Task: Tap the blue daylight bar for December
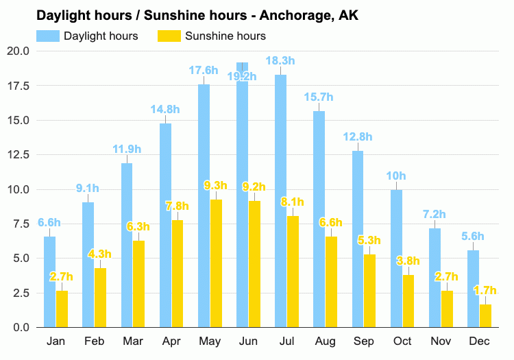473,288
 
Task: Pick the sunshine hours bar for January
62,309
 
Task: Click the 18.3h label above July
280,61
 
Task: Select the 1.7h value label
486,290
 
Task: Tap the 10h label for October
396,176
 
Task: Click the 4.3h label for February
100,254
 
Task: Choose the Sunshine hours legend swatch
167,36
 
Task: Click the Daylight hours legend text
101,36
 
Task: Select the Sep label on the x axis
364,341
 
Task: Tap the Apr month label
171,341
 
